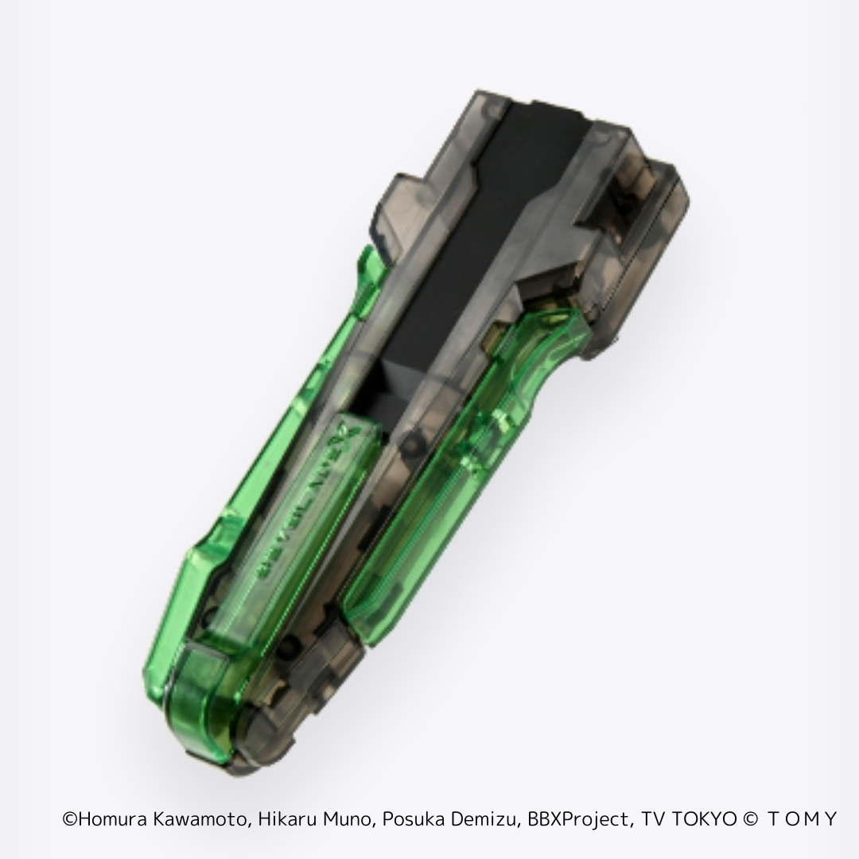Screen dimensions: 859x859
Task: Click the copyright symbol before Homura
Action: [x=69, y=819]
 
